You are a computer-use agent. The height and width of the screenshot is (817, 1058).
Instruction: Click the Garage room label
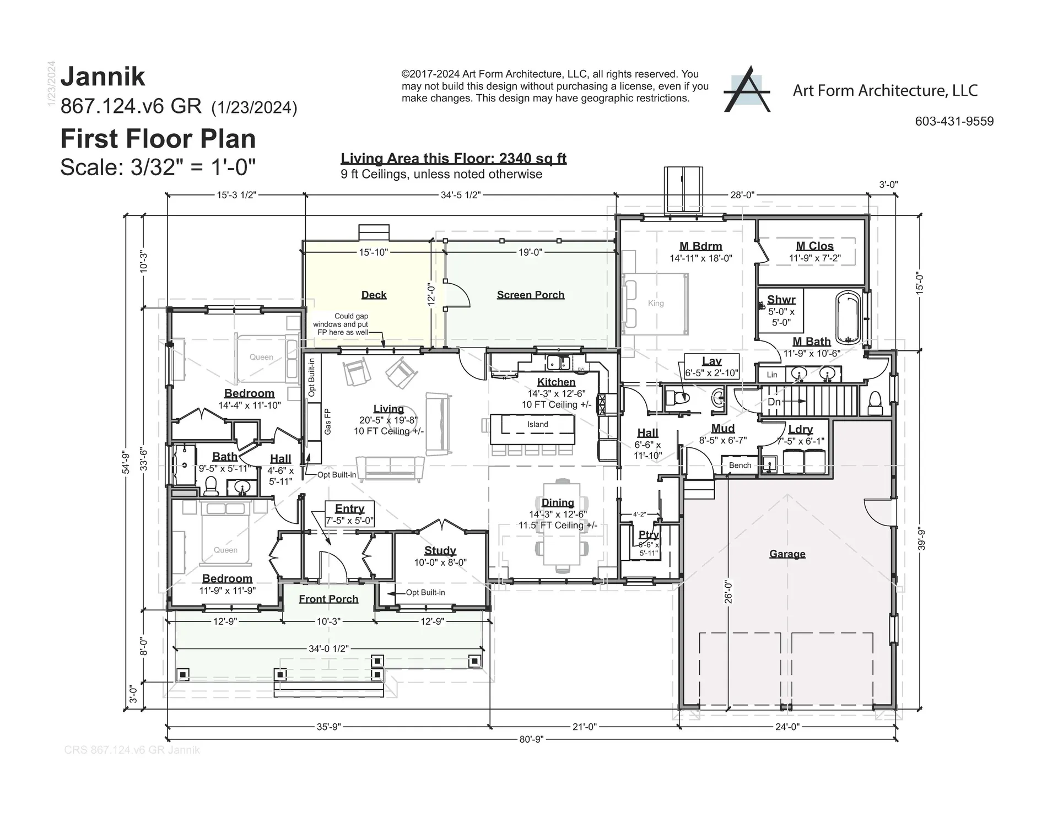(787, 554)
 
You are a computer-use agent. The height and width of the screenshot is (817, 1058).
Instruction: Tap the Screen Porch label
(530, 295)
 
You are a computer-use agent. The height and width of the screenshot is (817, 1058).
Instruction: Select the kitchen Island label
(537, 424)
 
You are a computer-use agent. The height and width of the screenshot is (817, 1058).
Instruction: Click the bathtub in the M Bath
(848, 317)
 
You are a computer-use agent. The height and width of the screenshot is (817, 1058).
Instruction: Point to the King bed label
(656, 303)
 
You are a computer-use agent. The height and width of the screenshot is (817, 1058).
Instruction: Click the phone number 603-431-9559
(954, 121)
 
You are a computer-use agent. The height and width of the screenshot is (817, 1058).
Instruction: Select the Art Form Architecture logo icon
(747, 90)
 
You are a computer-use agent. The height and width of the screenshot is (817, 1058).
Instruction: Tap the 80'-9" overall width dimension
(531, 739)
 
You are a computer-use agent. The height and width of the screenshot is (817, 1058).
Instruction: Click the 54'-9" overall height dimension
(126, 462)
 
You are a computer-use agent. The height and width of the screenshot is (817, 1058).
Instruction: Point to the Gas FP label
(328, 421)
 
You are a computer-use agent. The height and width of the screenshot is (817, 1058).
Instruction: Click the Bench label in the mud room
(739, 465)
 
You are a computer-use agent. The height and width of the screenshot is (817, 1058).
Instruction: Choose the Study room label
(440, 550)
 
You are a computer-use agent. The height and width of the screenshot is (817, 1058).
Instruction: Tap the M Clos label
(814, 246)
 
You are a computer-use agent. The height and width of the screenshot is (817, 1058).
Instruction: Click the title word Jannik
(103, 77)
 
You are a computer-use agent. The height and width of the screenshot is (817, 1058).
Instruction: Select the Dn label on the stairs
(774, 402)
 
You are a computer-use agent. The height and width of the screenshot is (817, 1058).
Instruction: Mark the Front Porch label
(328, 599)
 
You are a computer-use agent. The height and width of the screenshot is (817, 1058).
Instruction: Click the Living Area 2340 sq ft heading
(453, 159)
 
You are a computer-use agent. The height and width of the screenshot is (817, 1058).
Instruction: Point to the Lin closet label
(772, 375)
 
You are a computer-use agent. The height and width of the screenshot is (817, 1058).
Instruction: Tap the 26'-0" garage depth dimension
(728, 591)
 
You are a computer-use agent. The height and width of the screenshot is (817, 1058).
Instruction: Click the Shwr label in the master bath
(781, 300)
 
